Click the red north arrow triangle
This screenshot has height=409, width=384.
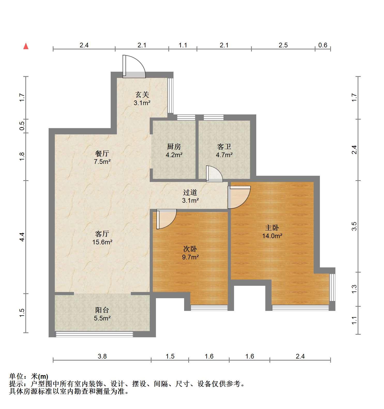26,46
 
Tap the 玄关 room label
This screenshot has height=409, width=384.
142,95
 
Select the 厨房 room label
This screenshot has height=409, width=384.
174,147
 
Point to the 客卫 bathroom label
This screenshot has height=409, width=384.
224,147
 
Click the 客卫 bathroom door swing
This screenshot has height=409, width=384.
214,174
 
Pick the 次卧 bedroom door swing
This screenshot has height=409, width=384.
166,219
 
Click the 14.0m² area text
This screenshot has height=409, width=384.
272,236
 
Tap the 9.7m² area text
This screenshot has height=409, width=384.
190,257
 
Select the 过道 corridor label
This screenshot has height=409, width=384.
190,192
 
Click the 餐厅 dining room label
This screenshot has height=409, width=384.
102,154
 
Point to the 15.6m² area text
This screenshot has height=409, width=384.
102,242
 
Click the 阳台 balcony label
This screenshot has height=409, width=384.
102,310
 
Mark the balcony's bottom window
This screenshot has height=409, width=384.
94,334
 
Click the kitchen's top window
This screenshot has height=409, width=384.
186,118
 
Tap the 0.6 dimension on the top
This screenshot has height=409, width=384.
323,45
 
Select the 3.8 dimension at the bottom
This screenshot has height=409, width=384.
102,356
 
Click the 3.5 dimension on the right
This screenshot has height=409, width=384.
354,226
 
